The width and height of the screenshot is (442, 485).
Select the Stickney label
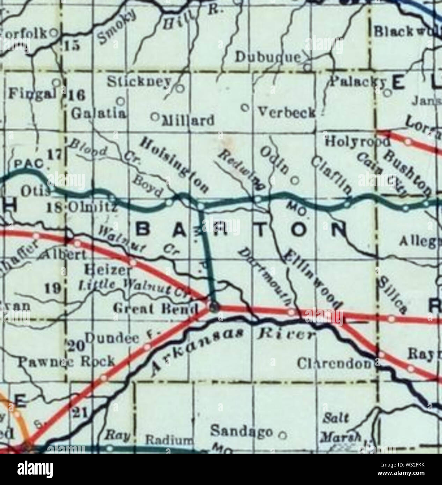point(139,82)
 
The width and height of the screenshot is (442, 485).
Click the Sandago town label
point(241,432)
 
